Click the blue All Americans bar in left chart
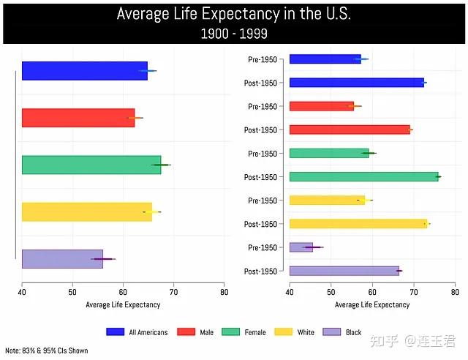coord(84,71)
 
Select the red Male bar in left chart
coord(78,118)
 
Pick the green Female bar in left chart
coord(91,165)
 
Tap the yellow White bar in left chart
coord(86,211)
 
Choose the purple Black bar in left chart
coord(62,259)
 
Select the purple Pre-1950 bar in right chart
coord(301,247)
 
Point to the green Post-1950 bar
coord(363,176)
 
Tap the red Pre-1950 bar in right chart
coord(321,106)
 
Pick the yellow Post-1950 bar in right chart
coord(358,224)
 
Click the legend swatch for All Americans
coord(116,332)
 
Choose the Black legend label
coord(353,332)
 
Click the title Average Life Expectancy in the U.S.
coord(233,15)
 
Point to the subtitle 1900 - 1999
coord(233,34)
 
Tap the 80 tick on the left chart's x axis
coord(224,292)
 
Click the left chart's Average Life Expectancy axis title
coord(123,304)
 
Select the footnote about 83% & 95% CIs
coord(47,351)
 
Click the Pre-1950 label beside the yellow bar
coord(263,200)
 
